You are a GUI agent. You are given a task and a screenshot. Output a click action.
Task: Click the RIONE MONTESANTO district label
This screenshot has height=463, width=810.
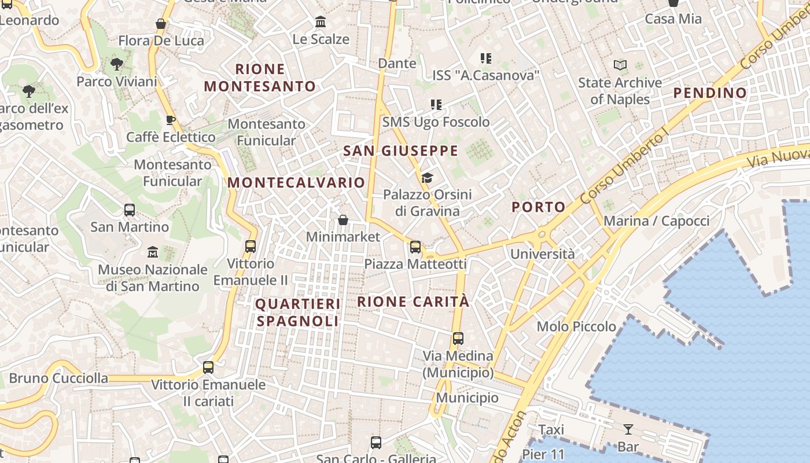coord(260,78)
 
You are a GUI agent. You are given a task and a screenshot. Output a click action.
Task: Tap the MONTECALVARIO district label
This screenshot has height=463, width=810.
coord(296,183)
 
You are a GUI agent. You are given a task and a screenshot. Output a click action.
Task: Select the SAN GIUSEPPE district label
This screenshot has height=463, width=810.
coord(400,151)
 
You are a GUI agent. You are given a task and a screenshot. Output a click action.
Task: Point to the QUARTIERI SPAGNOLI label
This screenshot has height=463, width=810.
coord(298,313)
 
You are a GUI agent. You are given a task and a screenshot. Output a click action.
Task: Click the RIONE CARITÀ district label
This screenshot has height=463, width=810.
coord(413,302)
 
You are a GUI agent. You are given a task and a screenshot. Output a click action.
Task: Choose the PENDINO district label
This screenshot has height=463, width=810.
coord(710,93)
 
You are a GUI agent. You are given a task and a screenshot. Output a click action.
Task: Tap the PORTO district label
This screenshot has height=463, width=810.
coord(538,207)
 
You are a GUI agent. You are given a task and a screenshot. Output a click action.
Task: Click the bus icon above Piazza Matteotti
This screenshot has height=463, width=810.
coord(415,247)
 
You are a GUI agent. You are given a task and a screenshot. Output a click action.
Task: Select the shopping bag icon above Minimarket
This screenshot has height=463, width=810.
coord(343,220)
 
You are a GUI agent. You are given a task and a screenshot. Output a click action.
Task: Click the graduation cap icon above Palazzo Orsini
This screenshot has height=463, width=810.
coord(427,178)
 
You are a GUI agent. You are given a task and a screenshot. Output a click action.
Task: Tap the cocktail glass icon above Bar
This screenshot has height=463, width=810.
coord(628,429)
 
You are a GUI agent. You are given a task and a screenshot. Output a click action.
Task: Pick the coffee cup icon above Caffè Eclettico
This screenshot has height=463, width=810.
coord(170,120)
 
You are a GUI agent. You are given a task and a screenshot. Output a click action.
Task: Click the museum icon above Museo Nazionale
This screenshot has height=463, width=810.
coord(153,252)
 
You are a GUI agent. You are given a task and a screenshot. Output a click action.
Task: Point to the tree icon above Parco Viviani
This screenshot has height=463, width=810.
coord(117,64)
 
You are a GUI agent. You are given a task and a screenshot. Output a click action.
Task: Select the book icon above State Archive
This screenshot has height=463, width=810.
coord(620,65)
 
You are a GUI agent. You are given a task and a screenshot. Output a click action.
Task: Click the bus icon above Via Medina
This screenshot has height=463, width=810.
coord(458,339)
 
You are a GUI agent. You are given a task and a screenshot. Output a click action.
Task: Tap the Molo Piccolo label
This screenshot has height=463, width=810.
coord(576,326)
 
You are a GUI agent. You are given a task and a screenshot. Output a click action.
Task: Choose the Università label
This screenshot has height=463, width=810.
coord(542,254)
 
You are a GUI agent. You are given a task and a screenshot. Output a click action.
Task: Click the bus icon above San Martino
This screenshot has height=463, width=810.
coord(130,210)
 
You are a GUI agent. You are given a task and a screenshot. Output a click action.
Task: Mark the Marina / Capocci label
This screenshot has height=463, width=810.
coord(656,221)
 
